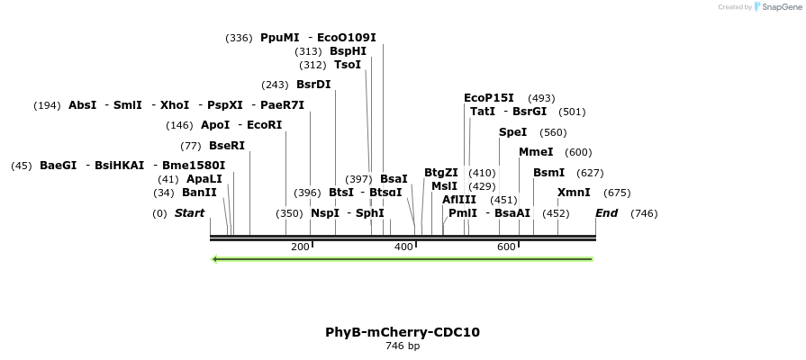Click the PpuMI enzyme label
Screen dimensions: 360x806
point(279,38)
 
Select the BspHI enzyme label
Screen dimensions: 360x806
point(348,51)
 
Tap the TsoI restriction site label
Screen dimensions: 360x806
point(348,65)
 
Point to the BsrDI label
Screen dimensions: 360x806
point(313,85)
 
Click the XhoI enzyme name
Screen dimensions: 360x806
point(175,105)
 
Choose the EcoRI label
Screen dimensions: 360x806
point(265,125)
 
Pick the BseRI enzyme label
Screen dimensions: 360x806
point(227,146)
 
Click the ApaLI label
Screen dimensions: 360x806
point(204,179)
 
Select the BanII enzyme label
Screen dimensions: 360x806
point(199,193)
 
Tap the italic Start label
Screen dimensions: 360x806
point(189,213)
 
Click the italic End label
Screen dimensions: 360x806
point(606,213)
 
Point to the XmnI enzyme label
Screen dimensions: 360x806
point(574,193)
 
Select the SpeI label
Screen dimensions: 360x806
point(512,132)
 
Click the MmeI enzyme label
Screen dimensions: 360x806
point(536,152)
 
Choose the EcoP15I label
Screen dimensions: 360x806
point(488,98)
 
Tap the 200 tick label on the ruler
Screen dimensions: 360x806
point(300,247)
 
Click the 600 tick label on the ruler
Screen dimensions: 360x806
point(506,247)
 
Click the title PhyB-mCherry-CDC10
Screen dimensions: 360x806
point(403,332)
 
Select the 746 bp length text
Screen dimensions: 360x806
point(403,346)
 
